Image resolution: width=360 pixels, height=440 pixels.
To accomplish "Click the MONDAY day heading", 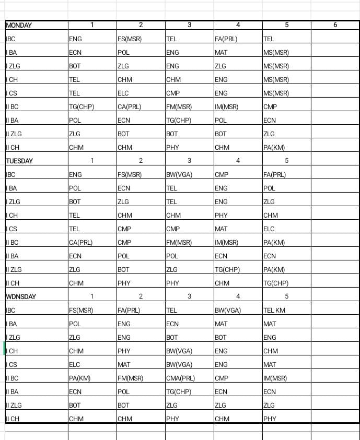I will pos(19,26).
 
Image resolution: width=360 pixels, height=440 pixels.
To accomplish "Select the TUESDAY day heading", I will pos(19,161).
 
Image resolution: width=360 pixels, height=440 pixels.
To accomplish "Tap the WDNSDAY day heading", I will pos(21,297).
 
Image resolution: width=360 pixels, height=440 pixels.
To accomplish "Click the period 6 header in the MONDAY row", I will pos(335,25).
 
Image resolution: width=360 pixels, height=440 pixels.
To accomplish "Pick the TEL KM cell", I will pos(275,311).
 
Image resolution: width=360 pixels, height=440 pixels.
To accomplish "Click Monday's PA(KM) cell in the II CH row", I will pos(274,148).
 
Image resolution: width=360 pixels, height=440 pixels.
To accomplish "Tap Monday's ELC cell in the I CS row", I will pos(123,93).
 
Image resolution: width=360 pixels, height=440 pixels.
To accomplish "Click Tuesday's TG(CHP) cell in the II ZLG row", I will pos(227,270).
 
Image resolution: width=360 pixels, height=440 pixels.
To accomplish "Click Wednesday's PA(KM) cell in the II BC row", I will pos(80,378).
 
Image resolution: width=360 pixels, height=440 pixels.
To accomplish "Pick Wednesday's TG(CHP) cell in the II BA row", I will pos(178,392).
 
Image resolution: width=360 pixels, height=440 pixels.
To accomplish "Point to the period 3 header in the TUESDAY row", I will pos(189,161).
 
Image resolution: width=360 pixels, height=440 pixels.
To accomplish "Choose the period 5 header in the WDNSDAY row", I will pos(286,296).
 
